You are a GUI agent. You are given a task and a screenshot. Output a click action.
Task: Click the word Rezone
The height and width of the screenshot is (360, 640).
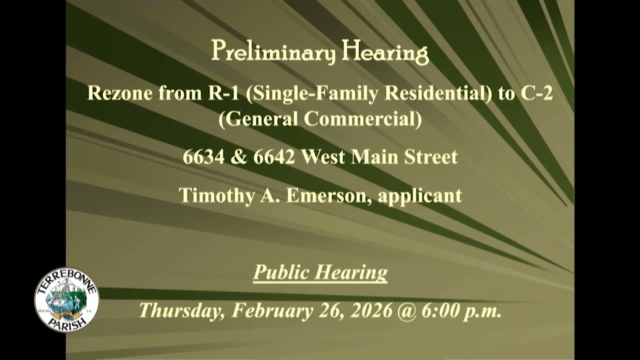(x=120, y=93)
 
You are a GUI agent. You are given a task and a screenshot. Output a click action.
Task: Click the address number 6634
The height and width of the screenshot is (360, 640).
(x=203, y=157)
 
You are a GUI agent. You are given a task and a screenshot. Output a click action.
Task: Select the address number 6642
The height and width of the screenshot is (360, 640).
(x=274, y=157)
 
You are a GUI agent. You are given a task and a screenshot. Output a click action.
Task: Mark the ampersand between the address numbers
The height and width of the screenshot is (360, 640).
(x=239, y=157)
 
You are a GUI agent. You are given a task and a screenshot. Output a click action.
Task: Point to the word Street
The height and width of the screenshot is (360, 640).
(x=431, y=157)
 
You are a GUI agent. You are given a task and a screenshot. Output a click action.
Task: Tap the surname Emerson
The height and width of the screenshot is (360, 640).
(x=328, y=195)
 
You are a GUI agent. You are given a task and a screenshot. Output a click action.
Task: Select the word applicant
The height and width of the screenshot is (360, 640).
(x=420, y=195)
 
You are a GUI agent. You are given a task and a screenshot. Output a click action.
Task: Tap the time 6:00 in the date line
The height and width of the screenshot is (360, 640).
(x=440, y=310)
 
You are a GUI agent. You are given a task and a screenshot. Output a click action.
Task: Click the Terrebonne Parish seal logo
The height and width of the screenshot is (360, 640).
(x=66, y=299)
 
